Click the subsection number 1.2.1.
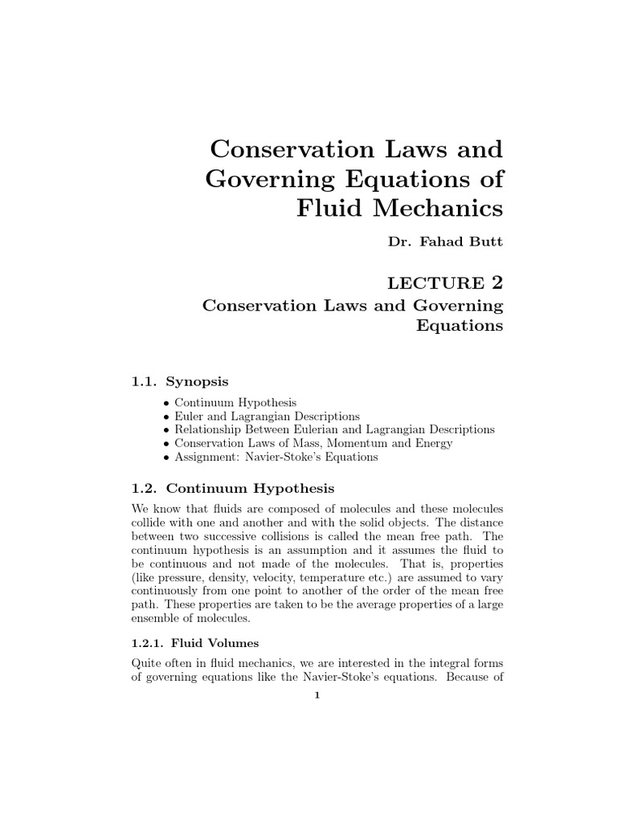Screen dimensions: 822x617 click(x=147, y=643)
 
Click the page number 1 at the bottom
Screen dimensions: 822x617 click(x=317, y=696)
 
